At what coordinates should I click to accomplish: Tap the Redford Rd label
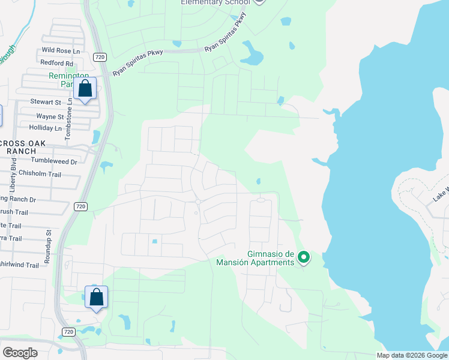(56, 63)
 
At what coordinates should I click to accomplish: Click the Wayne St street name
(50, 116)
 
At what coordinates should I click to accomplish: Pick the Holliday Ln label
(46, 128)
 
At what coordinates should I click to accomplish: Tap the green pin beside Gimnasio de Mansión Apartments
(304, 258)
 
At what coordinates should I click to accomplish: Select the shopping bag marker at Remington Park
(85, 89)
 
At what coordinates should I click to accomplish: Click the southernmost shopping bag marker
(97, 297)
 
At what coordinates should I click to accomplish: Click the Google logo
(20, 352)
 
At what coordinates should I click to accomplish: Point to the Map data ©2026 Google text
(411, 355)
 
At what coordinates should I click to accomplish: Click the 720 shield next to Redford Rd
(100, 56)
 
